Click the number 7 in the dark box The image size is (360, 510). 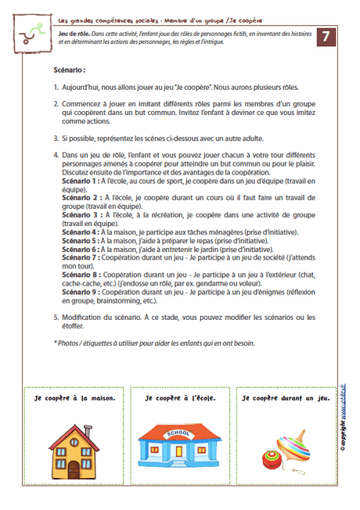[329, 37]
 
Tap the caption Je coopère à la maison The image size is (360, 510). [75, 398]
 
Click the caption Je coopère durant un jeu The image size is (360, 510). [286, 398]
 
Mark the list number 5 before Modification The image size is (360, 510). [56, 318]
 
